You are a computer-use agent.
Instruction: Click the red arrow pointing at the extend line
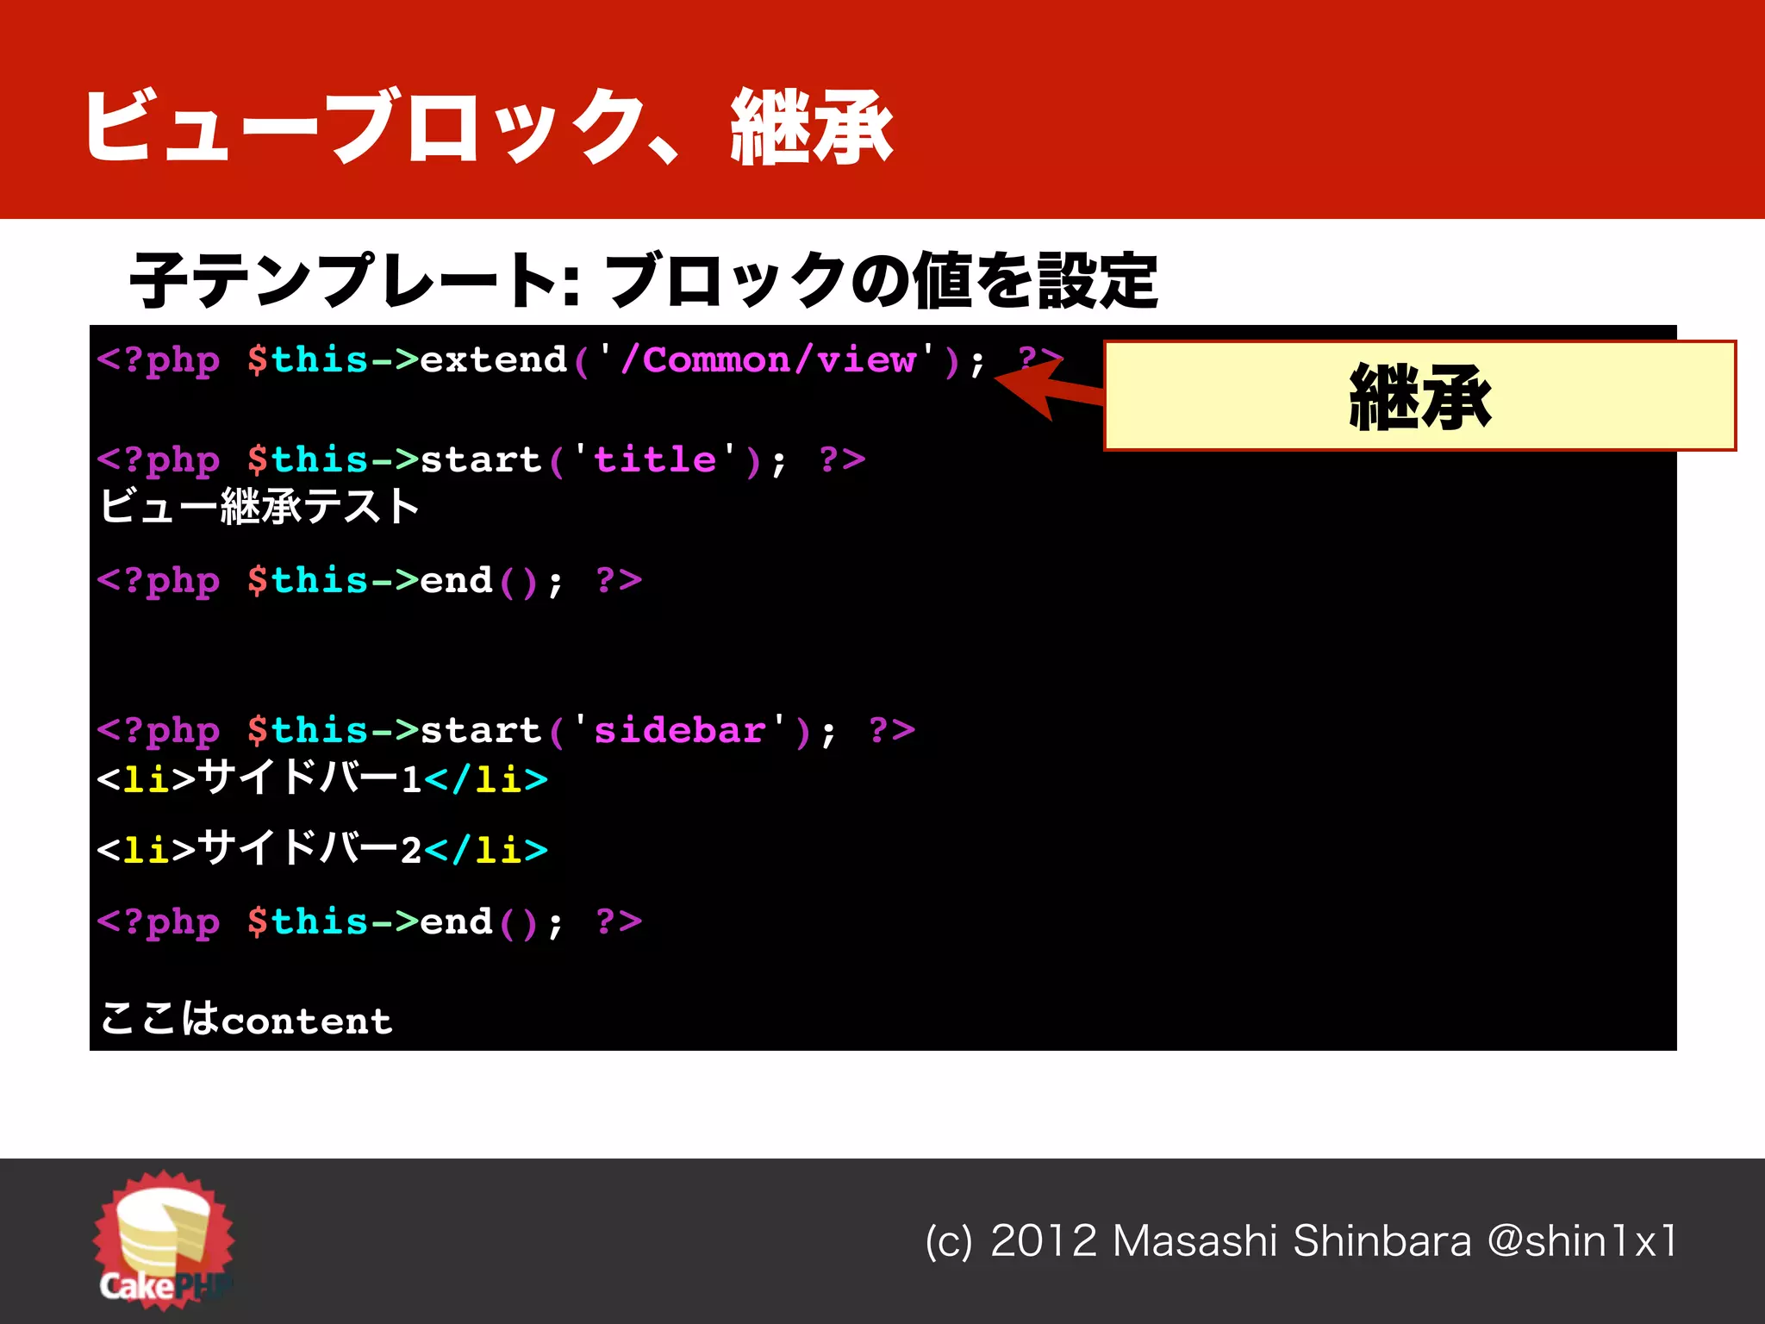click(x=1047, y=389)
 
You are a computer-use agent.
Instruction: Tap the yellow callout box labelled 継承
click(x=1419, y=396)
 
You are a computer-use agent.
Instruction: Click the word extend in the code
click(x=493, y=360)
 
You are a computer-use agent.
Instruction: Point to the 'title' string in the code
click(x=655, y=459)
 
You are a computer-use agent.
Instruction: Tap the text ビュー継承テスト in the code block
click(x=259, y=506)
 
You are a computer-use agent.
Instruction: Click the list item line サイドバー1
click(x=321, y=778)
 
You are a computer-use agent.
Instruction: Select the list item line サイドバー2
click(x=321, y=849)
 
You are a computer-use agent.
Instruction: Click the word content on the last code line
click(x=307, y=1021)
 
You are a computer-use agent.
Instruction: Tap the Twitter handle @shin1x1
click(x=1582, y=1241)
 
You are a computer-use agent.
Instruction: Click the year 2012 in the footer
click(x=1043, y=1241)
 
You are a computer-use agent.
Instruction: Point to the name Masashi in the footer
click(x=1194, y=1241)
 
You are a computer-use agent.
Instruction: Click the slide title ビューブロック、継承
click(x=488, y=127)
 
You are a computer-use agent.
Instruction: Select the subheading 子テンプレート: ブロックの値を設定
click(x=643, y=280)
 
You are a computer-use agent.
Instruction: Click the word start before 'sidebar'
click(x=480, y=731)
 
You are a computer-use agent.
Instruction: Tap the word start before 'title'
click(x=480, y=459)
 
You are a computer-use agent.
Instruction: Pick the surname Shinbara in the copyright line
click(x=1382, y=1241)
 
